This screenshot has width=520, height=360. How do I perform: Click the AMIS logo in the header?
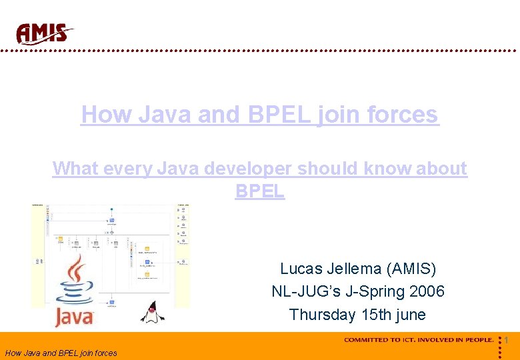click(x=44, y=33)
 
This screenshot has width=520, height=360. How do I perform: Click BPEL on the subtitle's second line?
click(x=260, y=191)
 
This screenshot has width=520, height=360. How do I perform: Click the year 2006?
click(x=427, y=291)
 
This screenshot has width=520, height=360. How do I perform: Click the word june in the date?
click(x=411, y=314)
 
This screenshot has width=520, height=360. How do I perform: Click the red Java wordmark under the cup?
click(x=75, y=317)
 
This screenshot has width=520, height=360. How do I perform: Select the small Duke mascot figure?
click(x=153, y=311)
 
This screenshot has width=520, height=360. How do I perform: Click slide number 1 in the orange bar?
click(x=507, y=340)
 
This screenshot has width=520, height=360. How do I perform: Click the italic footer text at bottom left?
click(x=61, y=353)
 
